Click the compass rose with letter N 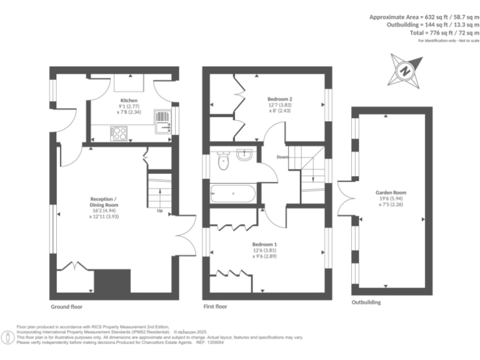tap(404, 71)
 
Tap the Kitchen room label tap(129, 101)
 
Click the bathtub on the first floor tap(233, 194)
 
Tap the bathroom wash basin tap(244, 154)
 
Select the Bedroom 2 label tap(280, 99)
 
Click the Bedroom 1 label tap(264, 244)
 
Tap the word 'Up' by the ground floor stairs tap(160, 211)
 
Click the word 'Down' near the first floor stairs tap(282, 157)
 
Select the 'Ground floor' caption tap(66, 307)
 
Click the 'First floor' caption tap(215, 307)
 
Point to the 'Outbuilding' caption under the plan tap(366, 302)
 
